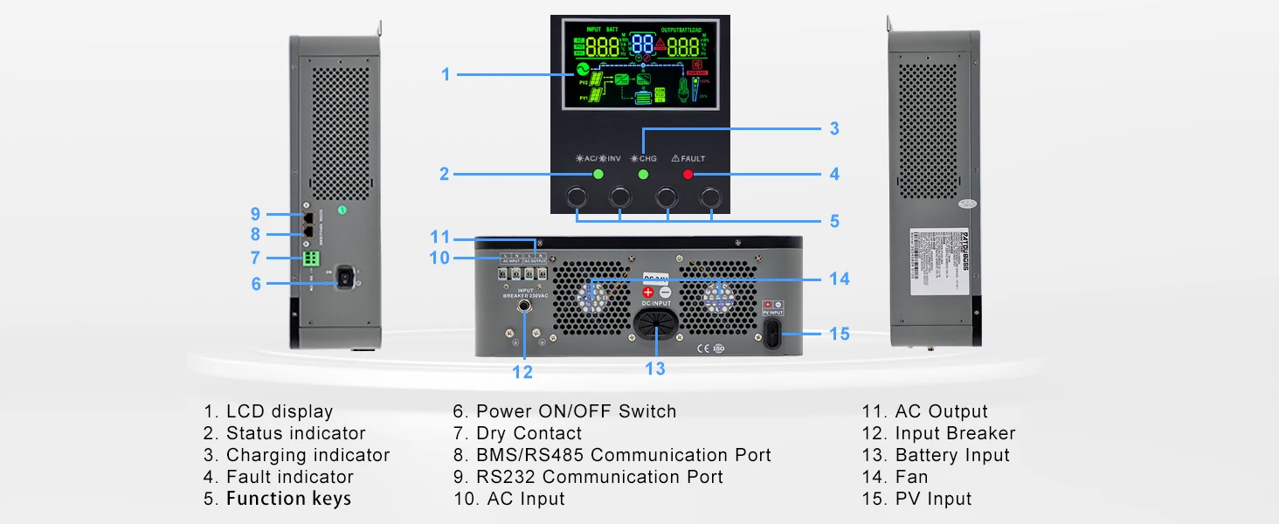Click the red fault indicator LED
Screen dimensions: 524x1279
tap(688, 175)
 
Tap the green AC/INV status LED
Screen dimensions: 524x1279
tap(598, 175)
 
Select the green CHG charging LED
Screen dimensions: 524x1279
tap(643, 175)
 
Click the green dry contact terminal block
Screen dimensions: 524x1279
tap(309, 259)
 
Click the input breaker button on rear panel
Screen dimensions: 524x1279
tap(526, 307)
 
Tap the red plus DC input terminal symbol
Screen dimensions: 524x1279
tap(647, 293)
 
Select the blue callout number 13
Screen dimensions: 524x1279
tap(655, 369)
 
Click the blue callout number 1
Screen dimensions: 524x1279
tap(446, 75)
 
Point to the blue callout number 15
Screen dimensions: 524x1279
tap(839, 334)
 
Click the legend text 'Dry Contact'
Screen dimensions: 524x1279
tap(529, 433)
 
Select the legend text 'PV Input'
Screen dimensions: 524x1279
tap(933, 499)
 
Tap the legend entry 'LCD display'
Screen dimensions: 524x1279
tap(279, 411)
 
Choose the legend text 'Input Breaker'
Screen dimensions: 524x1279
tap(955, 433)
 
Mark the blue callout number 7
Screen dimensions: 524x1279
tap(255, 259)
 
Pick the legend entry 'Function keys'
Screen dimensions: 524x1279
tap(288, 499)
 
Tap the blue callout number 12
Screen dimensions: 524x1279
tap(522, 373)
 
